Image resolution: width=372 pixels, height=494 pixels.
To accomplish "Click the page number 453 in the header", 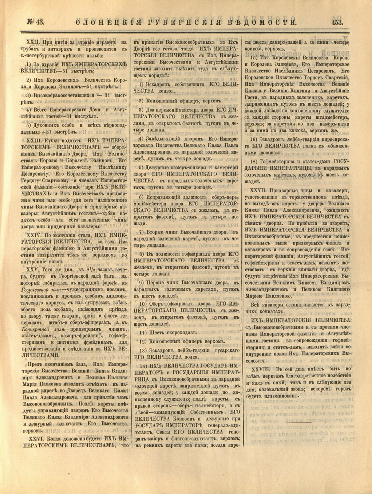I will click(339, 22).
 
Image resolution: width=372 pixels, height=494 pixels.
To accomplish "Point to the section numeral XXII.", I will click(33, 42).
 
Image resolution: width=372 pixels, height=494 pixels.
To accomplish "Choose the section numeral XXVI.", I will click(35, 439).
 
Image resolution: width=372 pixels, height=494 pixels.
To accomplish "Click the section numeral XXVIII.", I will click(260, 369).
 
